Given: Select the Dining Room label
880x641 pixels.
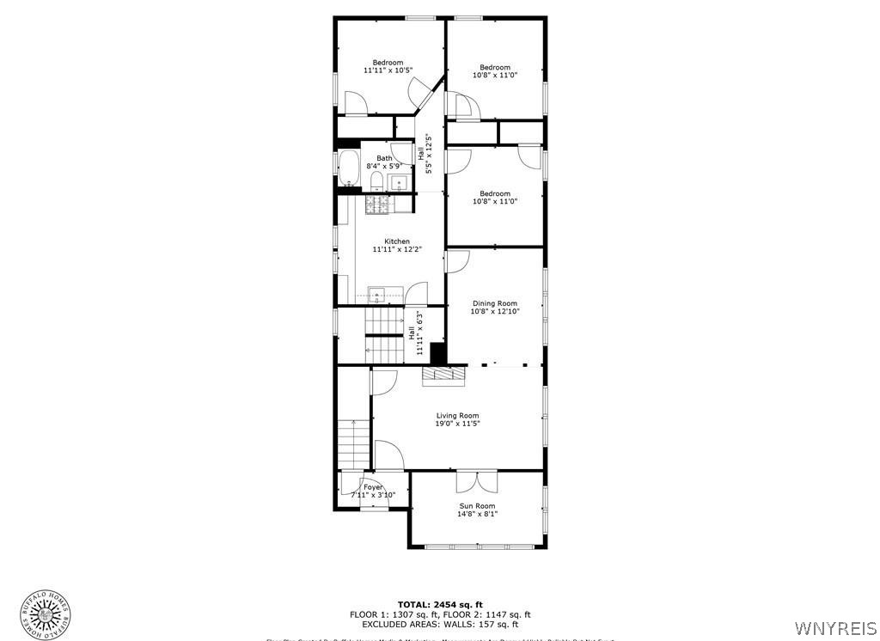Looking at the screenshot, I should pyautogui.click(x=494, y=303).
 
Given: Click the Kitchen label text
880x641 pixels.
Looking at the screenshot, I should pyautogui.click(x=397, y=241).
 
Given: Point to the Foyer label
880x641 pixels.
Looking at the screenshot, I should pyautogui.click(x=373, y=487).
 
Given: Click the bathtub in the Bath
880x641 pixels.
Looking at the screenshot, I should pyautogui.click(x=348, y=168).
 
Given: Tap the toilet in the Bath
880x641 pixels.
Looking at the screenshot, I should pyautogui.click(x=376, y=180).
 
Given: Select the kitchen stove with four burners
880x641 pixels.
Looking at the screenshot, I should pyautogui.click(x=378, y=204).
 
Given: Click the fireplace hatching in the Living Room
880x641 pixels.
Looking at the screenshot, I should pyautogui.click(x=442, y=375).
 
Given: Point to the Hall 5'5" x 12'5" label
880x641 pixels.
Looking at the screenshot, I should pyautogui.click(x=425, y=154).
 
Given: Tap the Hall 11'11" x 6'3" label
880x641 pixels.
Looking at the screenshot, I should pyautogui.click(x=419, y=333).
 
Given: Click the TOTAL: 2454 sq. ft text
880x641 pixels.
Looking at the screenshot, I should pyautogui.click(x=439, y=604).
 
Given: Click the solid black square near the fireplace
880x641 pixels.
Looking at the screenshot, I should pyautogui.click(x=437, y=352).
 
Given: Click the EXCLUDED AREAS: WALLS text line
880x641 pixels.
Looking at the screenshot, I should pyautogui.click(x=439, y=625).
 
